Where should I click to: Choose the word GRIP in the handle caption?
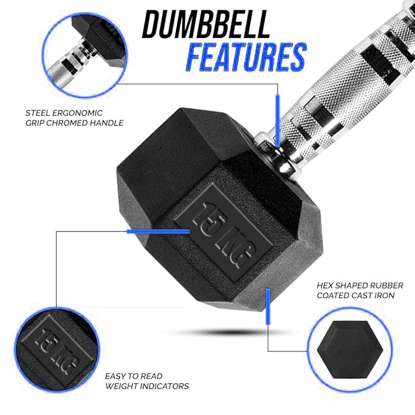tap(37, 123)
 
